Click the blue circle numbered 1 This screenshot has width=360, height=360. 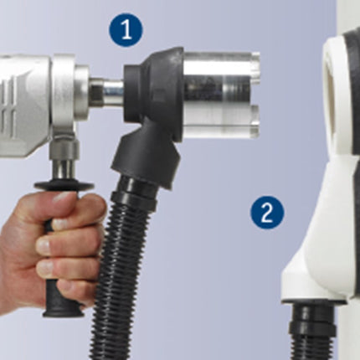pyautogui.click(x=126, y=29)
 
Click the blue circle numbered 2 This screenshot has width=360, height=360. pyautogui.click(x=267, y=213)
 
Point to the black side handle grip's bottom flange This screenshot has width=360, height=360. pyautogui.click(x=64, y=312)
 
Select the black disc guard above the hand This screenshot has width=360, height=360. pyautogui.click(x=64, y=186)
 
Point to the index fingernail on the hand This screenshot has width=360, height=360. pyautogui.click(x=61, y=223)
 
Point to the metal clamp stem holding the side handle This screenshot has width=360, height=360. pyautogui.click(x=64, y=161)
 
